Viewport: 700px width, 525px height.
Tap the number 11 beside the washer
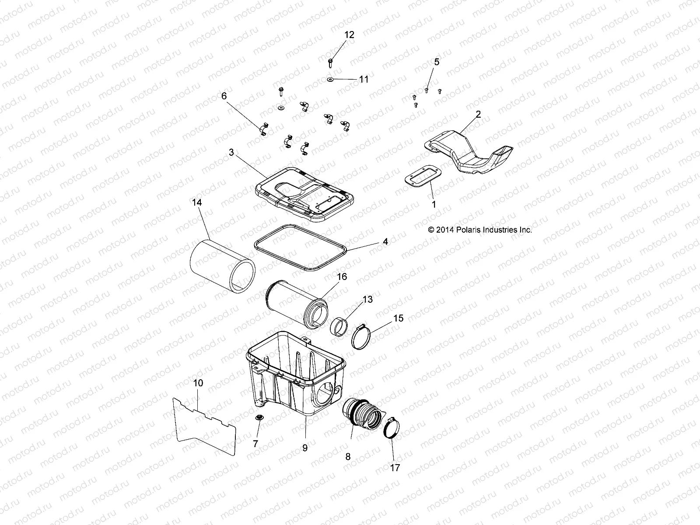[x=364, y=79]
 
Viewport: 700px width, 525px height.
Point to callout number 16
[x=342, y=276]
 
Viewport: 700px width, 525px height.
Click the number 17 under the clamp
[x=395, y=468]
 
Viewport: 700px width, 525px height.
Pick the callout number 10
[x=198, y=383]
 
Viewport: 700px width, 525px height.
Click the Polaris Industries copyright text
[x=480, y=229]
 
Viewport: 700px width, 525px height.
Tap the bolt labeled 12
[x=330, y=62]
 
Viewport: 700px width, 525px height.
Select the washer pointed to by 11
[x=329, y=79]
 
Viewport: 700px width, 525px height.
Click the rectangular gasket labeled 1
[x=427, y=179]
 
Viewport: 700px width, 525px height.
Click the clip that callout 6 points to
[x=263, y=130]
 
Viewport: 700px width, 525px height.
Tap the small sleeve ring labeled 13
[x=342, y=328]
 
